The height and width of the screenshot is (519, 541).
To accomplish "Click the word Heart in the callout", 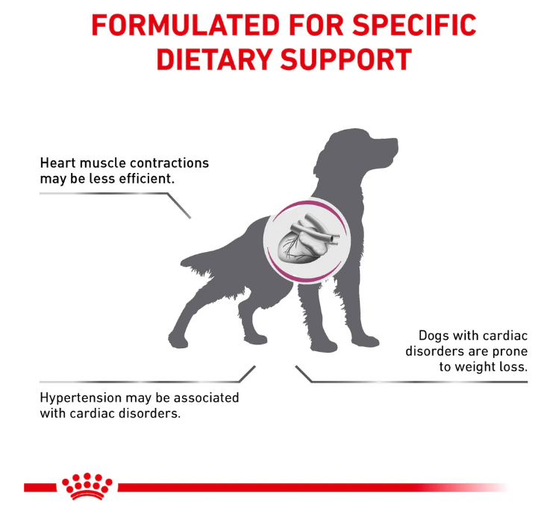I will tap(57, 163).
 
